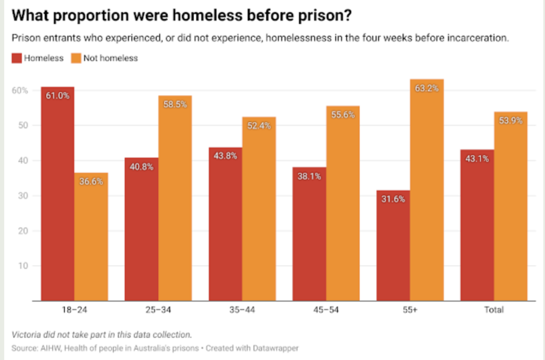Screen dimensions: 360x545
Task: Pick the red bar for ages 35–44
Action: [x=225, y=224]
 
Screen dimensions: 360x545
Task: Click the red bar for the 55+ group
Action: [x=393, y=245]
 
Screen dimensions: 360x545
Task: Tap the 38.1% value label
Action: [x=310, y=177]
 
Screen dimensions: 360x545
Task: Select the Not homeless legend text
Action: [x=111, y=58]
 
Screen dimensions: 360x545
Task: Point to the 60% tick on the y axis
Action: [x=21, y=90]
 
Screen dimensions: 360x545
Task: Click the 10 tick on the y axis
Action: [x=23, y=265]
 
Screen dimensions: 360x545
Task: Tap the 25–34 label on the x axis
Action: [x=158, y=309]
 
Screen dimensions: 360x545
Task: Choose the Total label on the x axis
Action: [x=493, y=309]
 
